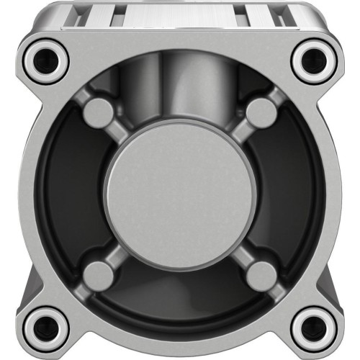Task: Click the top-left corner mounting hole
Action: click(45, 60)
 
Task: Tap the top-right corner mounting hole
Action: click(315, 60)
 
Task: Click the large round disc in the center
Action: click(179, 194)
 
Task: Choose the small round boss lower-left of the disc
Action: click(99, 275)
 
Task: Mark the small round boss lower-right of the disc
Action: click(261, 275)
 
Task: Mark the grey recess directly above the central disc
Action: click(180, 94)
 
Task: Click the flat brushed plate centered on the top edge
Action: click(180, 16)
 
